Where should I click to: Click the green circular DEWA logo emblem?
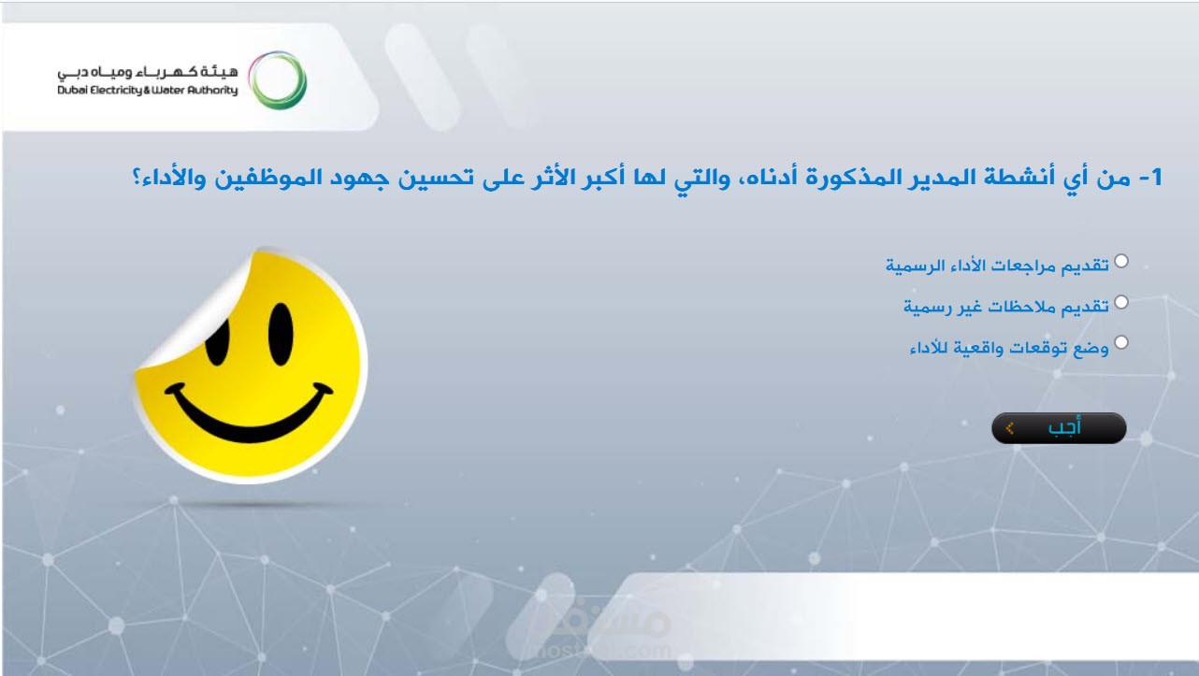[278, 80]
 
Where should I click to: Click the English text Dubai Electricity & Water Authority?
[148, 90]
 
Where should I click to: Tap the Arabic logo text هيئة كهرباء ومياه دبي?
[148, 71]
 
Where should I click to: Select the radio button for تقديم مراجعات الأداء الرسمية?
[1120, 261]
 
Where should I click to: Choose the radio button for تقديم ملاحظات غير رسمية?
[1120, 302]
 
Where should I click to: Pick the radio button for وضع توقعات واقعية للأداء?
[1120, 342]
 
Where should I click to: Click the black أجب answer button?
[1059, 428]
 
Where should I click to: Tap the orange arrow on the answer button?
[1009, 429]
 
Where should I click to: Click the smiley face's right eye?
[281, 334]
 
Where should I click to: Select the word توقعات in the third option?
[1039, 349]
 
